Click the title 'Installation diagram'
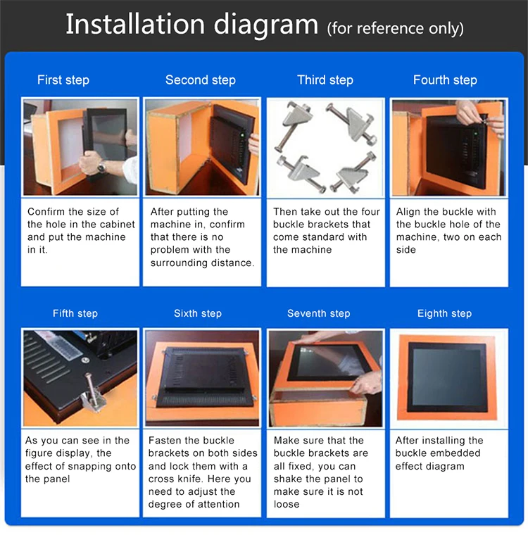[x=191, y=25]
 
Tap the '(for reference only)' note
[x=395, y=29]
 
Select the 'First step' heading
[x=63, y=80]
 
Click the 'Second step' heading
[x=201, y=80]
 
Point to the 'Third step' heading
[x=325, y=80]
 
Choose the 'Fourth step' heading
[x=445, y=80]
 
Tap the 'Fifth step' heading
[x=75, y=313]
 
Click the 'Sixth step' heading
[x=198, y=313]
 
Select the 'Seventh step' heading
[x=319, y=313]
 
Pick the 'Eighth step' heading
[x=444, y=313]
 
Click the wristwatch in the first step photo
[x=101, y=167]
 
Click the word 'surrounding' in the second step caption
[x=180, y=263]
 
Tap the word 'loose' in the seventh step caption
[x=287, y=504]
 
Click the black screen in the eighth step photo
[x=448, y=377]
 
